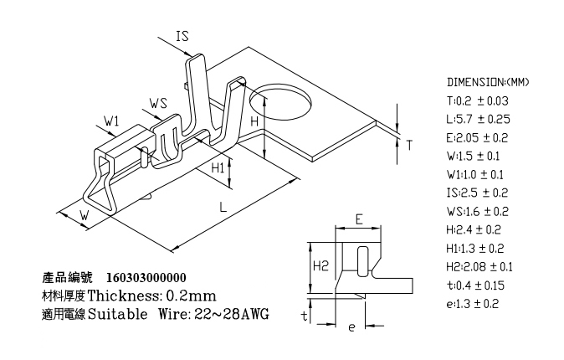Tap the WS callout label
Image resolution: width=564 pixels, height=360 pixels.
[x=159, y=103]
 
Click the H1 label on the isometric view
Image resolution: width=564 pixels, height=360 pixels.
[x=217, y=167]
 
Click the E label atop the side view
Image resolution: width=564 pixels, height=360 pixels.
[x=358, y=219]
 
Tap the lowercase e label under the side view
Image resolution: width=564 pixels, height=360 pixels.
[x=351, y=327]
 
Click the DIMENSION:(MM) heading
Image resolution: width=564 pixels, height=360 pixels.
[x=488, y=83]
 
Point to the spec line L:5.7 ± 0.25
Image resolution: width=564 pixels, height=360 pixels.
[x=478, y=119]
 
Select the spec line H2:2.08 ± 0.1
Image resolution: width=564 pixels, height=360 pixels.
[x=479, y=267]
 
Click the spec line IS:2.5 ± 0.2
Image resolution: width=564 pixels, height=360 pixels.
[x=478, y=193]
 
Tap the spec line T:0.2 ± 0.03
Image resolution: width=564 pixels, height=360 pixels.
[x=478, y=100]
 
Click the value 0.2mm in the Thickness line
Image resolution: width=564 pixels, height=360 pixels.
[x=192, y=296]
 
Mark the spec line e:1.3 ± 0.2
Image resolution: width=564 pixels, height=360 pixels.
[x=473, y=304]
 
